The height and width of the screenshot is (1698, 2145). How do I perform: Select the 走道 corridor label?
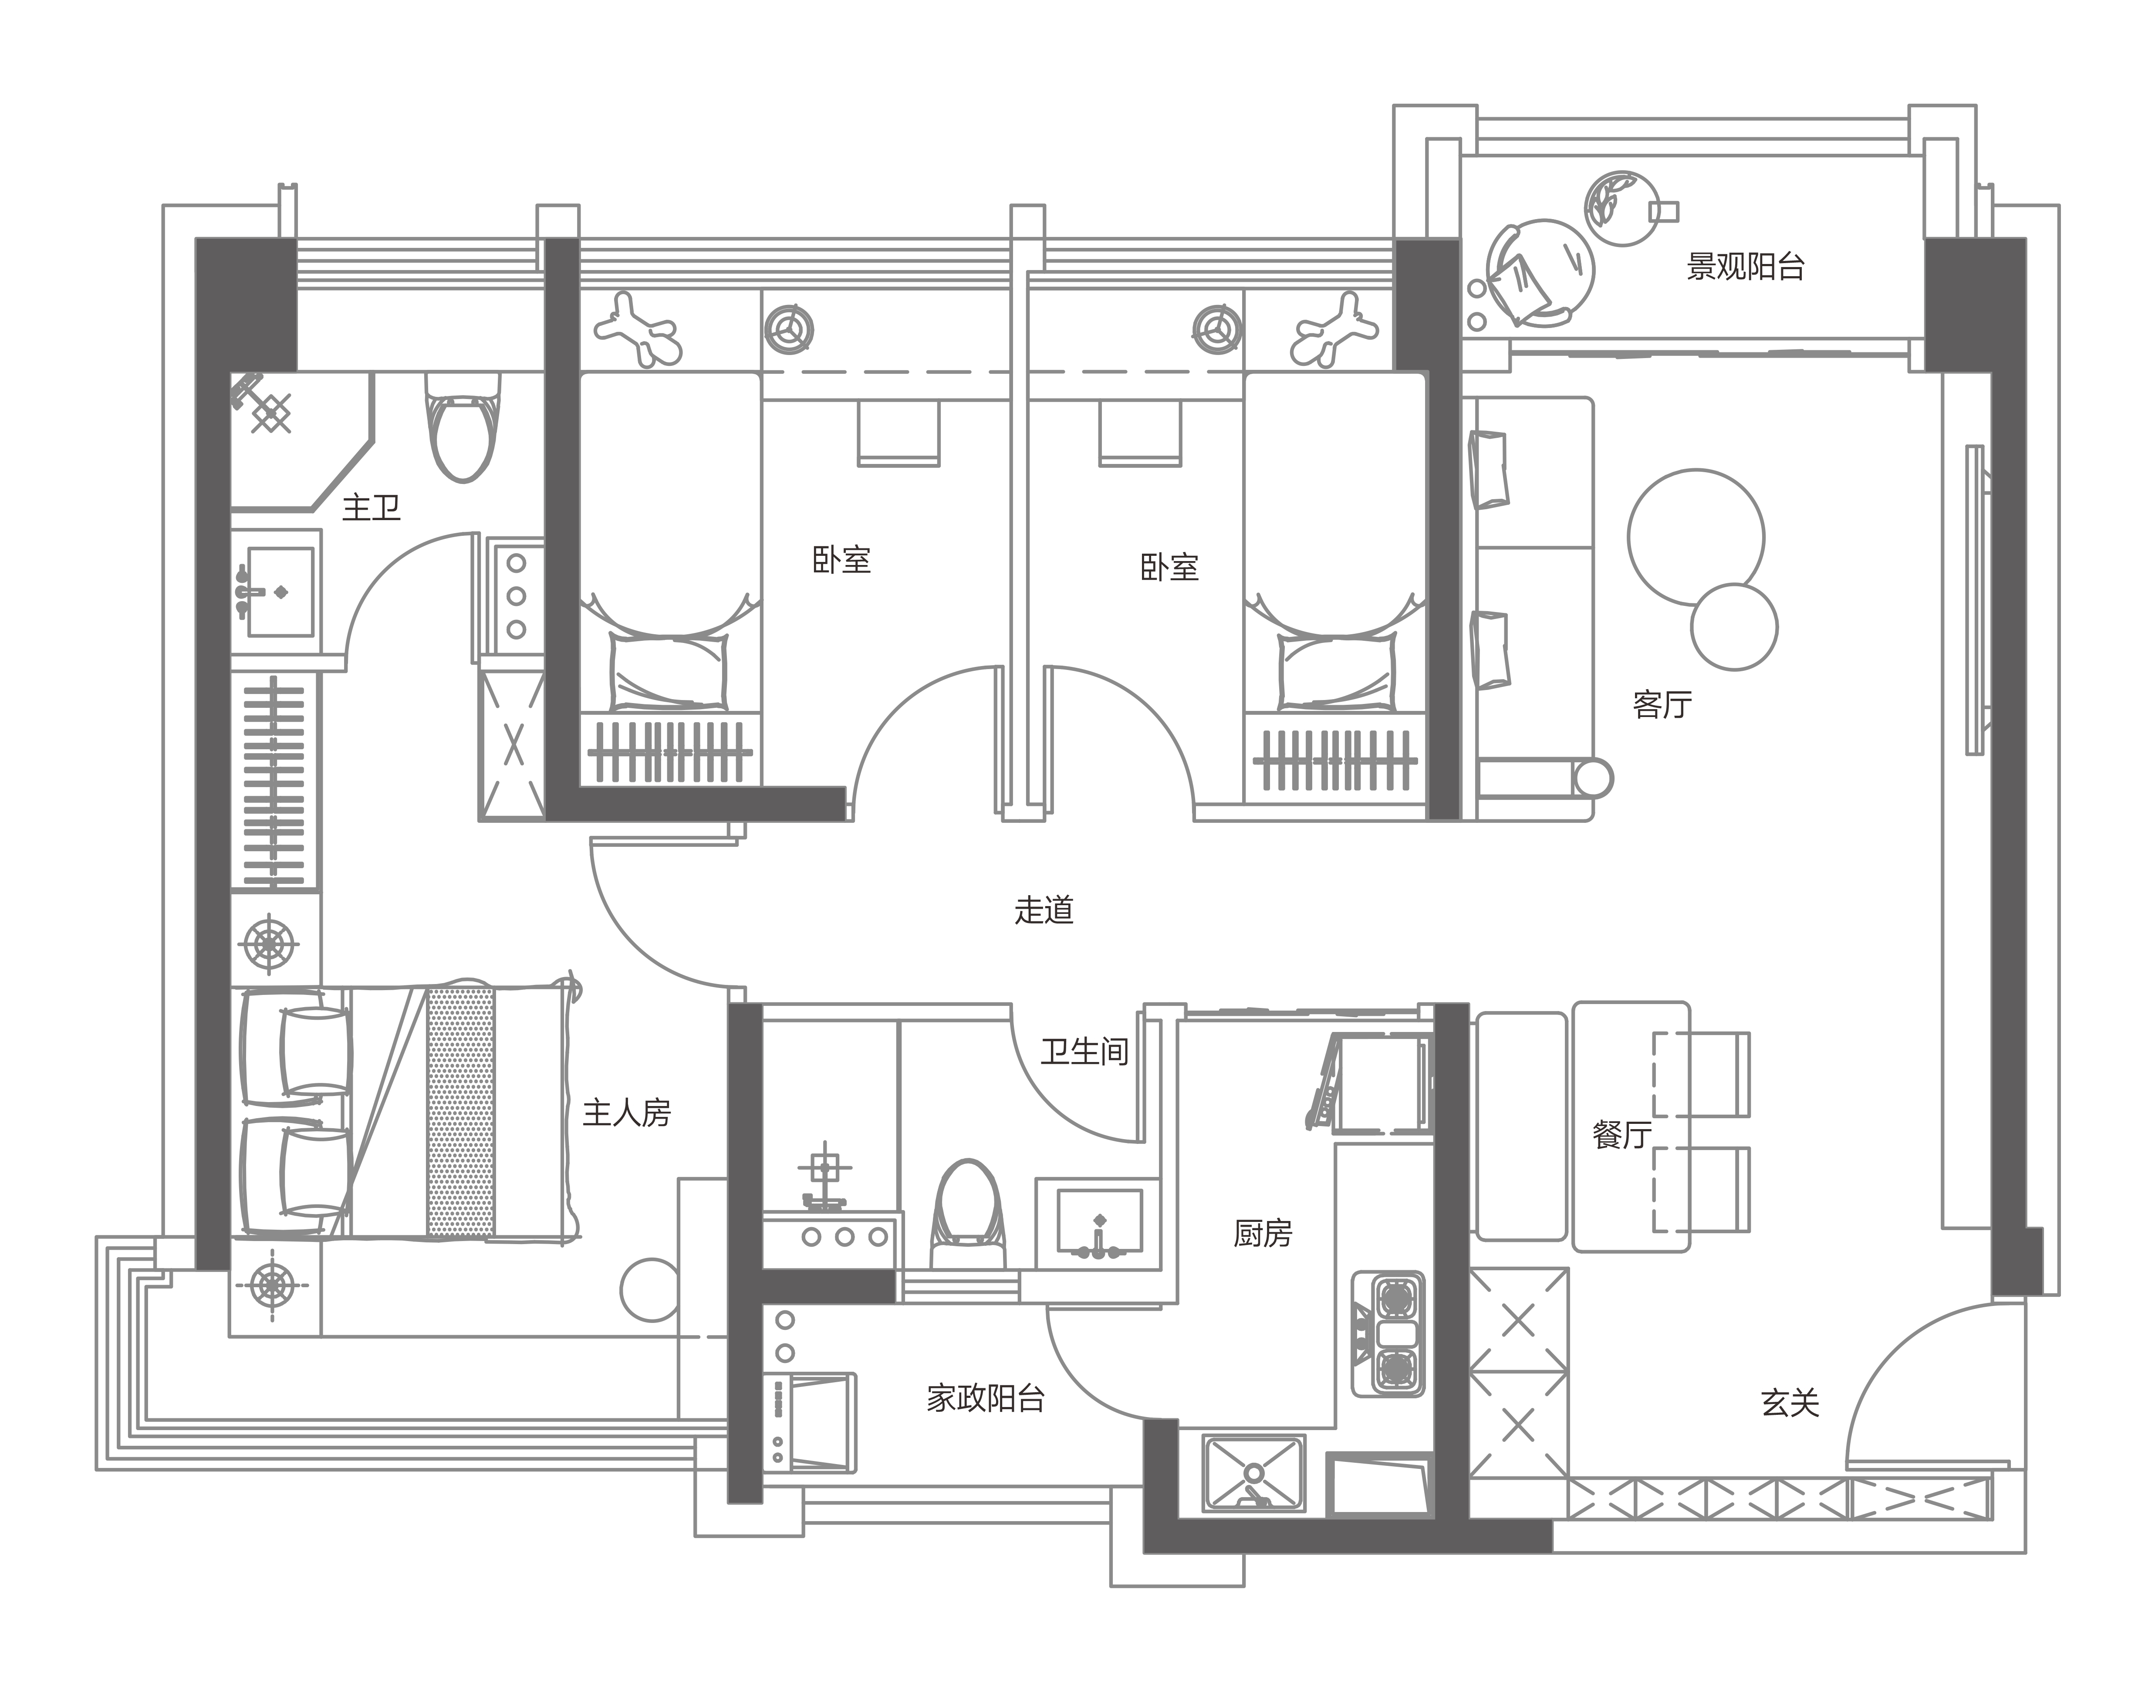point(1044,910)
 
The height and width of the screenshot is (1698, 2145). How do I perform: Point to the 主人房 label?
point(626,1113)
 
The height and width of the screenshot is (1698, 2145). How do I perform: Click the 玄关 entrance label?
point(1789,1403)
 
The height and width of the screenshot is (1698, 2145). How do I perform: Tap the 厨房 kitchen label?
point(1262,1234)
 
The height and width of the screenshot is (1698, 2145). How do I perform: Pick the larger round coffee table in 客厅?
point(1696,537)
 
